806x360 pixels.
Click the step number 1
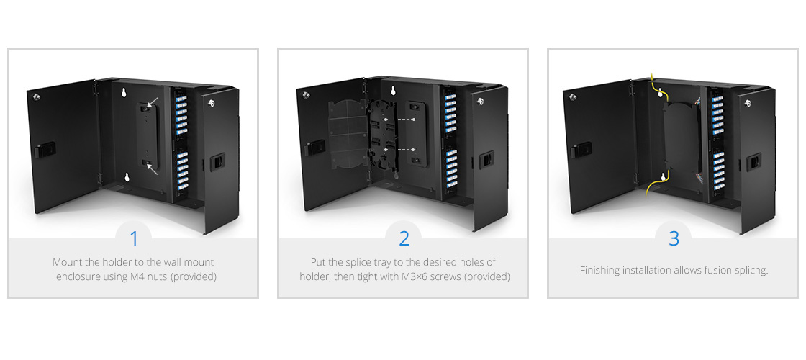(x=133, y=238)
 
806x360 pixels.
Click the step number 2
(x=403, y=238)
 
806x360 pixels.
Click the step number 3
(x=674, y=238)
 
